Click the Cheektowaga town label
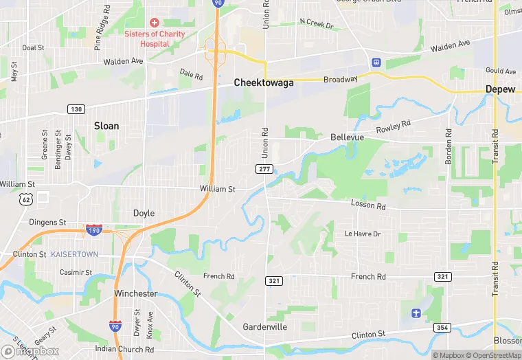coord(263,82)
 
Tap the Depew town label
coord(500,89)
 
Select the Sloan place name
coord(106,126)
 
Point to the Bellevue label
coord(347,137)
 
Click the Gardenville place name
coord(264,326)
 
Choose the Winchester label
coord(135,293)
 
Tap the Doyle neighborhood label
coord(144,213)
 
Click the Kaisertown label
coord(74,254)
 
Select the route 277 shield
coord(264,168)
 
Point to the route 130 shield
coord(76,109)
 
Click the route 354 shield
coord(442,328)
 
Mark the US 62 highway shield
coord(26,199)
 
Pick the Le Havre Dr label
coord(362,234)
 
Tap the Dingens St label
coord(47,223)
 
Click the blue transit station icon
coord(376,61)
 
